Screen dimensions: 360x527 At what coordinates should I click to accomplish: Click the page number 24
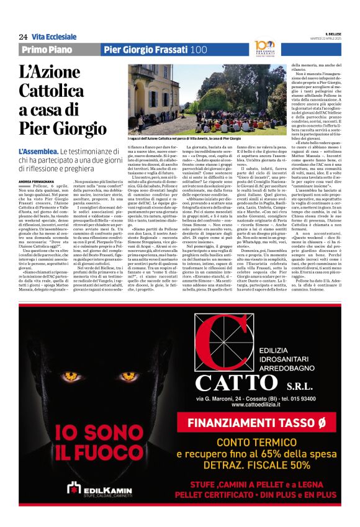tap(23, 37)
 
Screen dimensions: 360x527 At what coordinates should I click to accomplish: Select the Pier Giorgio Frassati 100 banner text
tap(155, 50)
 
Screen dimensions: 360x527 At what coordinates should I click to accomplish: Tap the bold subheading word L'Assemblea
tap(38, 151)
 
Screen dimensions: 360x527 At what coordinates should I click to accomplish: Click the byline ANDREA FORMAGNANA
tap(42, 181)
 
